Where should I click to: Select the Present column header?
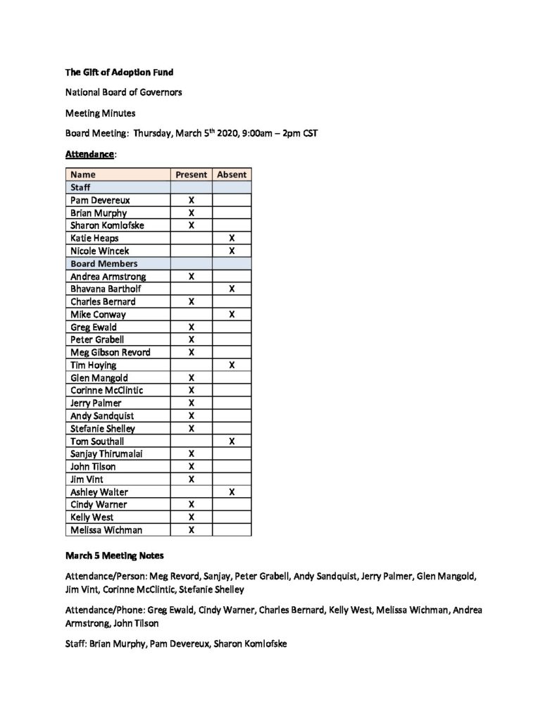click(191, 175)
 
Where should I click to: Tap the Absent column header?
click(232, 175)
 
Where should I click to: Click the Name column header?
click(83, 175)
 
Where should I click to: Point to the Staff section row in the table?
click(81, 187)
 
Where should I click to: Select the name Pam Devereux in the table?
click(100, 200)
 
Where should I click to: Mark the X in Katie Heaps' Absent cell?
click(232, 238)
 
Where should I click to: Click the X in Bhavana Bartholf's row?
click(232, 289)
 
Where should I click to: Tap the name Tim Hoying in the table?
click(94, 365)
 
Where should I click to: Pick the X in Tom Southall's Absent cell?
click(232, 441)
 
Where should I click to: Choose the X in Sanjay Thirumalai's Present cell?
click(191, 453)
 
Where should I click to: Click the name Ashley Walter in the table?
click(99, 491)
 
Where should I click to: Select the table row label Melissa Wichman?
click(106, 529)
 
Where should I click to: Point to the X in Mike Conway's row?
click(232, 314)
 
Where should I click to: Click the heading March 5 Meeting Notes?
click(114, 556)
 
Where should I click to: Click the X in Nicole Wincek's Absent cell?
click(232, 251)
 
